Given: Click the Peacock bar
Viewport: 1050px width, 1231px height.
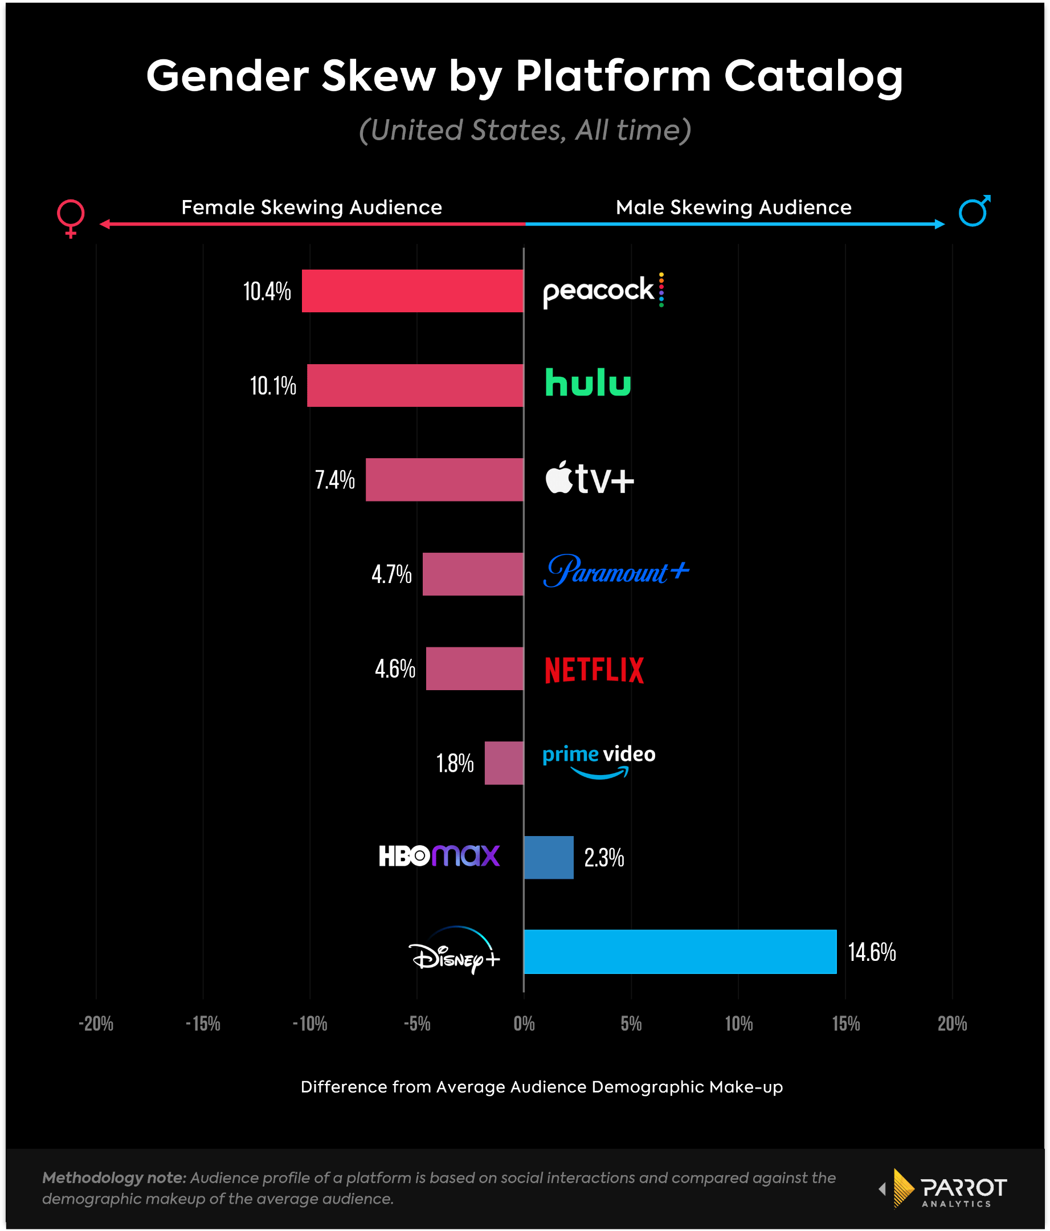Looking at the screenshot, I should tap(412, 291).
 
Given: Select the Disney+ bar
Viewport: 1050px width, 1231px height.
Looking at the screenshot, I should tap(680, 951).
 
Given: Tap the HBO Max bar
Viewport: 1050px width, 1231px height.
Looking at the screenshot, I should tap(549, 857).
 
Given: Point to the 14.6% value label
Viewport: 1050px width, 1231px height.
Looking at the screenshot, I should tap(871, 952).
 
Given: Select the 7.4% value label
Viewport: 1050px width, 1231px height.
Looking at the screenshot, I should tap(334, 479).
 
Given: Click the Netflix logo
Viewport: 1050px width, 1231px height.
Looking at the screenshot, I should tap(594, 670).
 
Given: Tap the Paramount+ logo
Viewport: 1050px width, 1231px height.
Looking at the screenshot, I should tap(616, 571).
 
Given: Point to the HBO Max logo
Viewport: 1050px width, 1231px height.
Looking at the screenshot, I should tap(439, 855).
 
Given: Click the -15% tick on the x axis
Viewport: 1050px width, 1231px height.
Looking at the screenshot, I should tap(203, 1023).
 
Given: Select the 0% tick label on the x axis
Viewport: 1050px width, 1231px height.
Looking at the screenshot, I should tap(524, 1023).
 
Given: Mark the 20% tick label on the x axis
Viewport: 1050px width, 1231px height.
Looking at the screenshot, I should tap(952, 1023).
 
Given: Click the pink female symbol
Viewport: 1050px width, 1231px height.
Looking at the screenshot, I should tap(71, 218).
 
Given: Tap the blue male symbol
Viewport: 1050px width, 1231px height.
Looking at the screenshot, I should tap(974, 210).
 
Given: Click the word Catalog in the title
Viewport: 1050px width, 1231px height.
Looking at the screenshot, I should tap(813, 78).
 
